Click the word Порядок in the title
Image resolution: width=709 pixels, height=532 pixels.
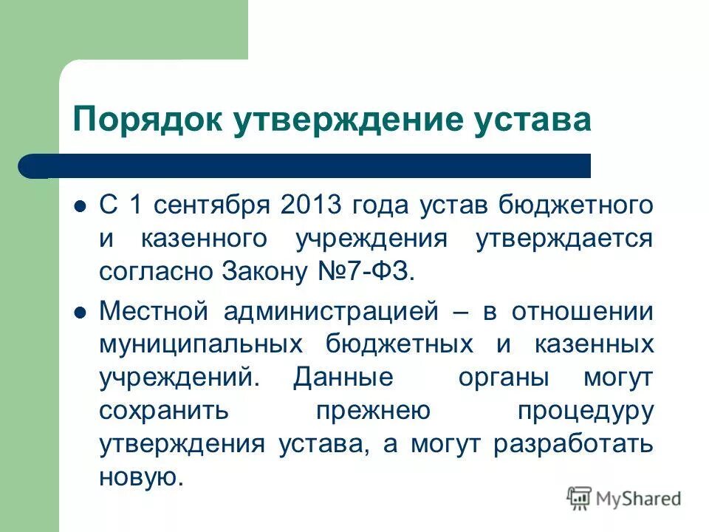point(137,118)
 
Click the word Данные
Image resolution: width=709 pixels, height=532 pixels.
point(343,378)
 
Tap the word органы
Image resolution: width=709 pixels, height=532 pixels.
point(503,378)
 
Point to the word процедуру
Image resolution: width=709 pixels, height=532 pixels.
point(585,411)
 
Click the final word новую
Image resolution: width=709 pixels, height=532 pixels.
point(140,477)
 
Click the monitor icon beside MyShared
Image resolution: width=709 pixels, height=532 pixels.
point(580,499)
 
